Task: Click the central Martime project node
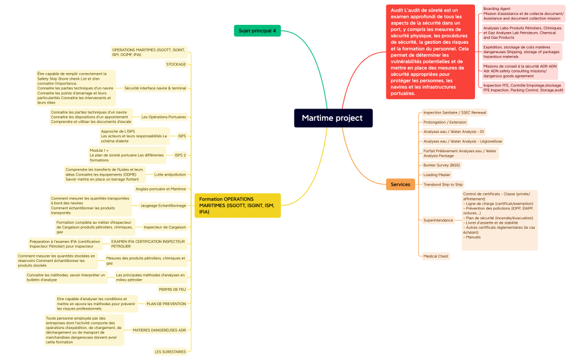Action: pyautogui.click(x=333, y=118)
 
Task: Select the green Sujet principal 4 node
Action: pyautogui.click(x=257, y=30)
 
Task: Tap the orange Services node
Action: pyautogui.click(x=400, y=184)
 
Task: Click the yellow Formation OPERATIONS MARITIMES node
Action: pyautogui.click(x=238, y=205)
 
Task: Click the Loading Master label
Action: pyautogui.click(x=437, y=174)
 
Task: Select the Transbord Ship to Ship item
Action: pyautogui.click(x=443, y=184)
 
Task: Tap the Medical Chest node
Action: pyautogui.click(x=436, y=256)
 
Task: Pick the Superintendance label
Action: pyautogui.click(x=438, y=220)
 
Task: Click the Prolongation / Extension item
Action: pyautogui.click(x=445, y=122)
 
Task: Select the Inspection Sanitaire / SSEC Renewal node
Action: pyautogui.click(x=455, y=112)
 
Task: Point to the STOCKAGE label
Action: pyautogui.click(x=176, y=64)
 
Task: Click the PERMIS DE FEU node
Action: pyautogui.click(x=172, y=289)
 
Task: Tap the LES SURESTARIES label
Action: pyautogui.click(x=170, y=352)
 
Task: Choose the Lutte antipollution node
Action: pyautogui.click(x=170, y=174)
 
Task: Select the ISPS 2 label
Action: pyautogui.click(x=180, y=155)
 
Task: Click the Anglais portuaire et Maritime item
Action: pyautogui.click(x=161, y=189)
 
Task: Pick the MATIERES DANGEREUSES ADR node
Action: pyautogui.click(x=159, y=330)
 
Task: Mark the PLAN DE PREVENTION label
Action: pyautogui.click(x=166, y=304)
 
